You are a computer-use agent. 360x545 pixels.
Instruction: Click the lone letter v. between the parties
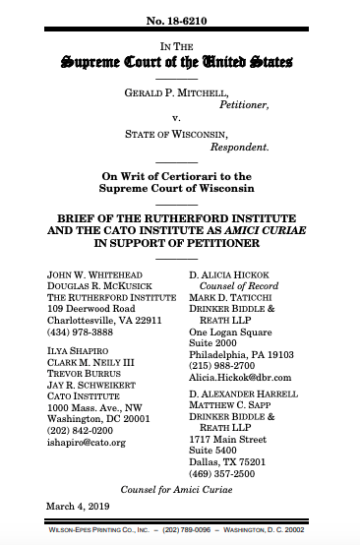click(180, 118)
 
